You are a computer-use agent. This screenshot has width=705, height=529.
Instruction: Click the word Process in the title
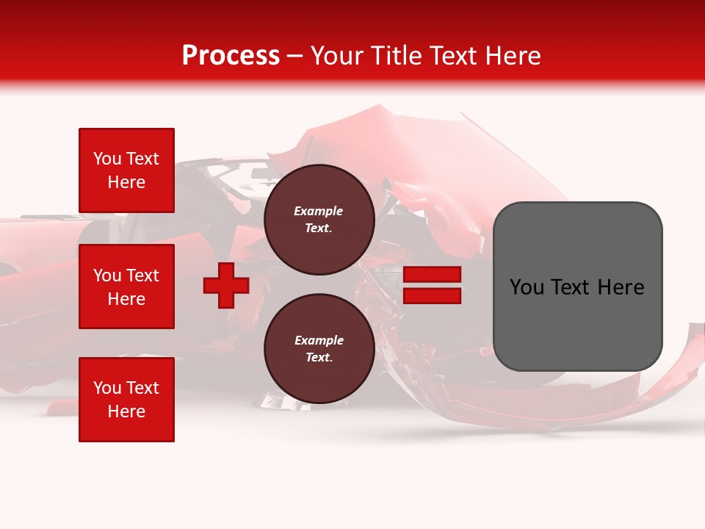[x=231, y=56]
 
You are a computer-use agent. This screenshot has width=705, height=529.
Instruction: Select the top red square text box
[x=126, y=170]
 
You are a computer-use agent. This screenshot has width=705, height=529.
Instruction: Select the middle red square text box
[x=126, y=287]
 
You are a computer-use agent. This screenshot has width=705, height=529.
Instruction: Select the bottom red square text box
[x=126, y=400]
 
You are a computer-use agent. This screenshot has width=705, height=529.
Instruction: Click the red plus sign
[x=226, y=285]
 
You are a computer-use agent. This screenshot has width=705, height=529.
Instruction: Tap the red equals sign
[x=432, y=285]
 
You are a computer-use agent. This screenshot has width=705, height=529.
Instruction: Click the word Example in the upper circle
[x=319, y=211]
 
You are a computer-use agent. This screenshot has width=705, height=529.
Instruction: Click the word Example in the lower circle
[x=319, y=340]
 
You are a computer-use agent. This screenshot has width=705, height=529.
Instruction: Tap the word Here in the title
[x=513, y=56]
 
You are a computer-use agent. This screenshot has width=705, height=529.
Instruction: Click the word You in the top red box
[x=107, y=159]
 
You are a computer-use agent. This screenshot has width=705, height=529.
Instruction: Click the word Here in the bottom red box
[x=126, y=411]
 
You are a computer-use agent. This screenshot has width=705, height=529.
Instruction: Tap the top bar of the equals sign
[x=432, y=274]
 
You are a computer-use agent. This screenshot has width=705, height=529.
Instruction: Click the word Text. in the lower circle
[x=319, y=358]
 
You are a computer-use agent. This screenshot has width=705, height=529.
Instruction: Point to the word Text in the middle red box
[x=142, y=276]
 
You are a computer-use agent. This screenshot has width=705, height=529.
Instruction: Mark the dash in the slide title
[x=295, y=56]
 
